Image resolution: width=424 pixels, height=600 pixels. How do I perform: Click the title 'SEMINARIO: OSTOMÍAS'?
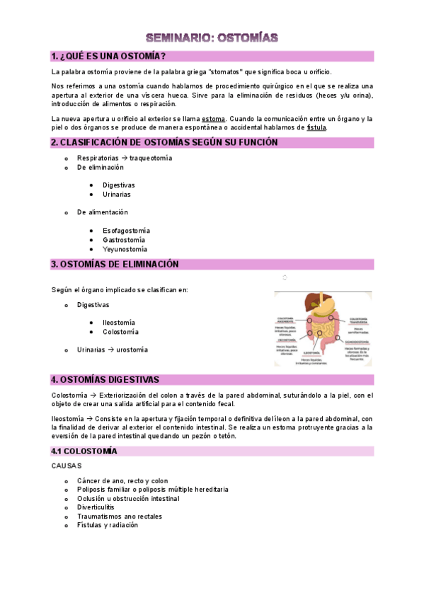[x=212, y=37]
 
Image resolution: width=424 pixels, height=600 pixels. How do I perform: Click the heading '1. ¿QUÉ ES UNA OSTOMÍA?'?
[x=108, y=56]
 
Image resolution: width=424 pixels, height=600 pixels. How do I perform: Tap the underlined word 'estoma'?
[x=213, y=118]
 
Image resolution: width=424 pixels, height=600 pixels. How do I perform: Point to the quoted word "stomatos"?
[x=225, y=72]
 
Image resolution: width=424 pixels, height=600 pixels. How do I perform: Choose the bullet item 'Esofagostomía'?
[x=126, y=231]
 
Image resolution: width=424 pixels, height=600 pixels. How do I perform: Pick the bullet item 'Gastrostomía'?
[x=124, y=240]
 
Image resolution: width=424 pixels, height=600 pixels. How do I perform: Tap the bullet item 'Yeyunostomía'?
[x=125, y=249]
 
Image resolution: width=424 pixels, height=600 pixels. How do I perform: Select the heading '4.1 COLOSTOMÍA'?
[x=84, y=451]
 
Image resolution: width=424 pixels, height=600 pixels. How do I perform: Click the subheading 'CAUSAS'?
[x=67, y=466]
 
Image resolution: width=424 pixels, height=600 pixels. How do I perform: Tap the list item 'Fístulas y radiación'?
[x=108, y=525]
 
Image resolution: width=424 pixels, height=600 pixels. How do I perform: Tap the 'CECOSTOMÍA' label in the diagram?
[x=287, y=340]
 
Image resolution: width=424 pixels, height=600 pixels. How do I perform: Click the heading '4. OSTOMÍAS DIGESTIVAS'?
[x=105, y=380]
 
